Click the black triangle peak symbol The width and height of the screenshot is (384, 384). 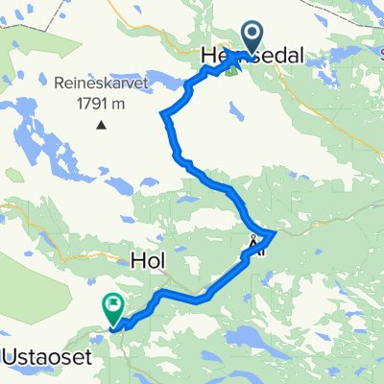tap(101, 123)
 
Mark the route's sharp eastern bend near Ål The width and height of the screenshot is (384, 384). tap(275, 232)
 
